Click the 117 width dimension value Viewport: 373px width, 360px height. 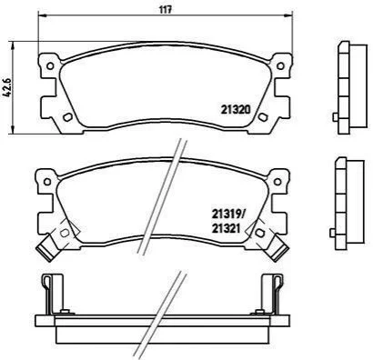pyautogui.click(x=166, y=9)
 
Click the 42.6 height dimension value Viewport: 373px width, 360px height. pyautogui.click(x=7, y=86)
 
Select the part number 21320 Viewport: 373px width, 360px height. pyautogui.click(x=236, y=109)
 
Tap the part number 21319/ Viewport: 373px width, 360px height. pyautogui.click(x=227, y=215)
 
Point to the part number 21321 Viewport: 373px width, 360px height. pyautogui.click(x=226, y=228)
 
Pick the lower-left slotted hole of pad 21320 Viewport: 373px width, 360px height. pyautogui.click(x=67, y=117)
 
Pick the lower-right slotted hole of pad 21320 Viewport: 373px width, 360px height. pyautogui.click(x=262, y=117)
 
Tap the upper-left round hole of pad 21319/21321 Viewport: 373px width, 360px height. pyautogui.click(x=47, y=182)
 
